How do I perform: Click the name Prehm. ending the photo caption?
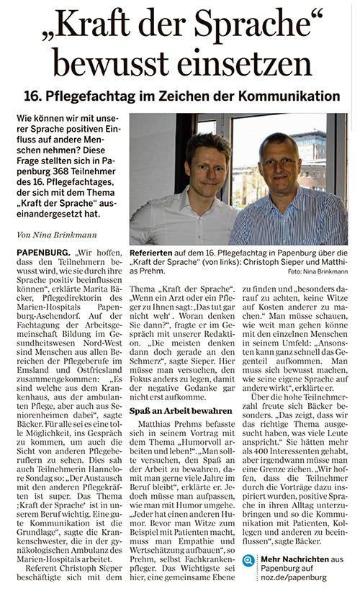coord(145,274)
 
